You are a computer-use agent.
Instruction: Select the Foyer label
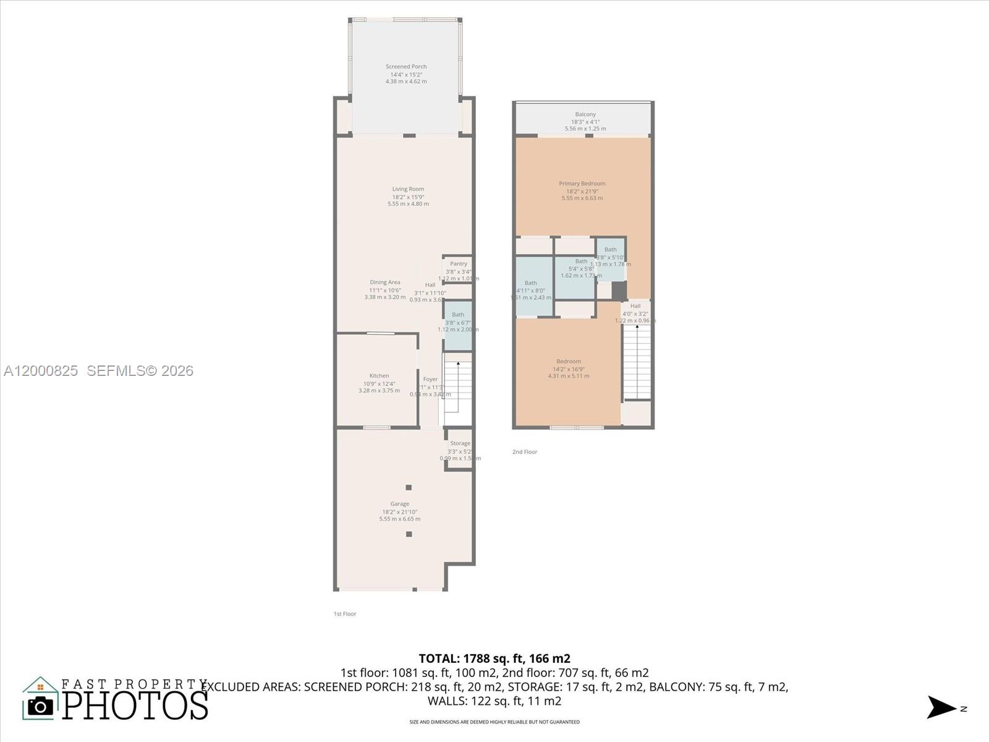(x=430, y=379)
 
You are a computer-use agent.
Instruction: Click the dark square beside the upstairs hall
(x=619, y=290)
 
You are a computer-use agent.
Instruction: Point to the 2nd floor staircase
(x=637, y=362)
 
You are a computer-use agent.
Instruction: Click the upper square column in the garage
(x=409, y=487)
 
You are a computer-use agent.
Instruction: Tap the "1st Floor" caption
(x=345, y=614)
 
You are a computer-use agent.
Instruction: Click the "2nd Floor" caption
(x=525, y=452)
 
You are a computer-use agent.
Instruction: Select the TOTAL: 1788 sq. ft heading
(x=494, y=659)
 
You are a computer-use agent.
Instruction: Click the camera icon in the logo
(x=41, y=706)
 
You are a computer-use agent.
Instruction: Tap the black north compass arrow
(x=941, y=707)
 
